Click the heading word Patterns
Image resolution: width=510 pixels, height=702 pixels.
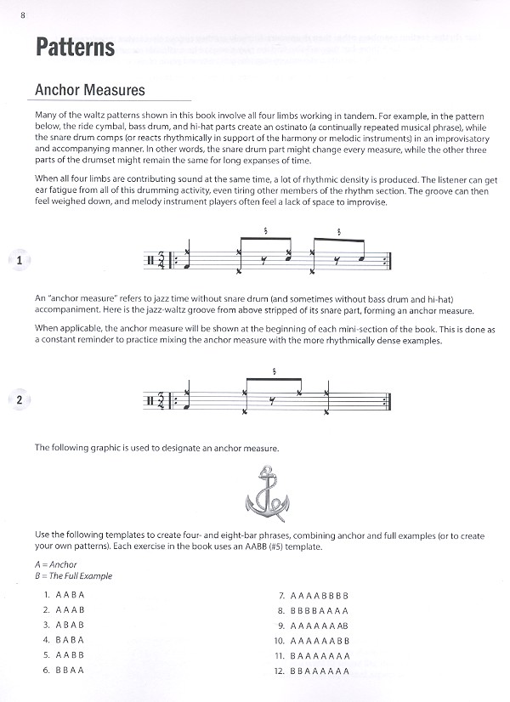point(75,48)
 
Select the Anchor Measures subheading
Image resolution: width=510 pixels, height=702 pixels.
point(89,90)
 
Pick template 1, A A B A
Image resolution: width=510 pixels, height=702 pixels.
point(68,595)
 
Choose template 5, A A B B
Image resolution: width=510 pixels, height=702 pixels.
point(68,655)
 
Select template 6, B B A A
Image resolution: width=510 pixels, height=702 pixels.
point(68,671)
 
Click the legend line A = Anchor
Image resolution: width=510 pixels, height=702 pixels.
point(56,564)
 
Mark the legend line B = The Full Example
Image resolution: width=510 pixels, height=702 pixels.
point(73,576)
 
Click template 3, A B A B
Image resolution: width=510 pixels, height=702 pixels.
point(68,625)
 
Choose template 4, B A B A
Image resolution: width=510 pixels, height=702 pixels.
point(68,640)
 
